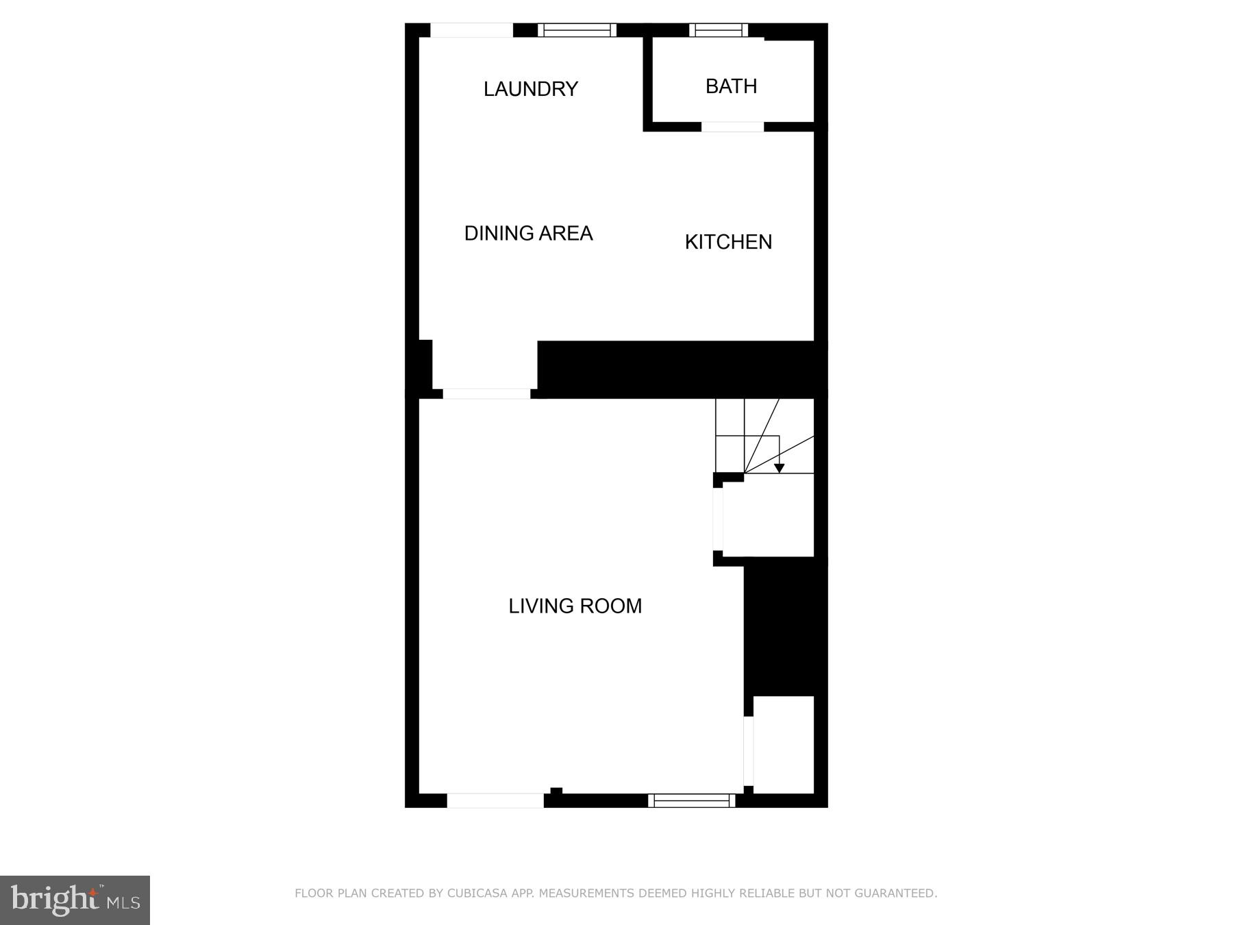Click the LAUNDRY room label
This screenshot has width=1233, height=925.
point(531,89)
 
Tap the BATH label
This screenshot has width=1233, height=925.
point(731,86)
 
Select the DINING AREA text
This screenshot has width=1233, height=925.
point(528,234)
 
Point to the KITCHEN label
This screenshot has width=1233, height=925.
point(728,242)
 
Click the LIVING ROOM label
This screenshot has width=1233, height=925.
point(575,606)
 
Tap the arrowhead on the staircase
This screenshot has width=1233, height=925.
point(779,468)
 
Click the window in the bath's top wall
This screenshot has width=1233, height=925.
point(719,30)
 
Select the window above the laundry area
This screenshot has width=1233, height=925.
point(577,30)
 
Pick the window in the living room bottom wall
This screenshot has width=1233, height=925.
point(692,800)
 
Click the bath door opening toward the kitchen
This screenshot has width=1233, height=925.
point(732,127)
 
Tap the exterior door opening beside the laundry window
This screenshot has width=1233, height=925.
point(471,30)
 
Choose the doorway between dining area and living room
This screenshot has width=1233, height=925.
point(486,393)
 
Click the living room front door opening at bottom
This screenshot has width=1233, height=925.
point(495,800)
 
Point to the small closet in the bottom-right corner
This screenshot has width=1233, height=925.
point(784,745)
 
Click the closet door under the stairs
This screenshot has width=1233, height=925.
point(718,519)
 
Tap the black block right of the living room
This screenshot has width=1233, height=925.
point(785,627)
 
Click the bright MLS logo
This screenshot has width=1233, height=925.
point(75,900)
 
